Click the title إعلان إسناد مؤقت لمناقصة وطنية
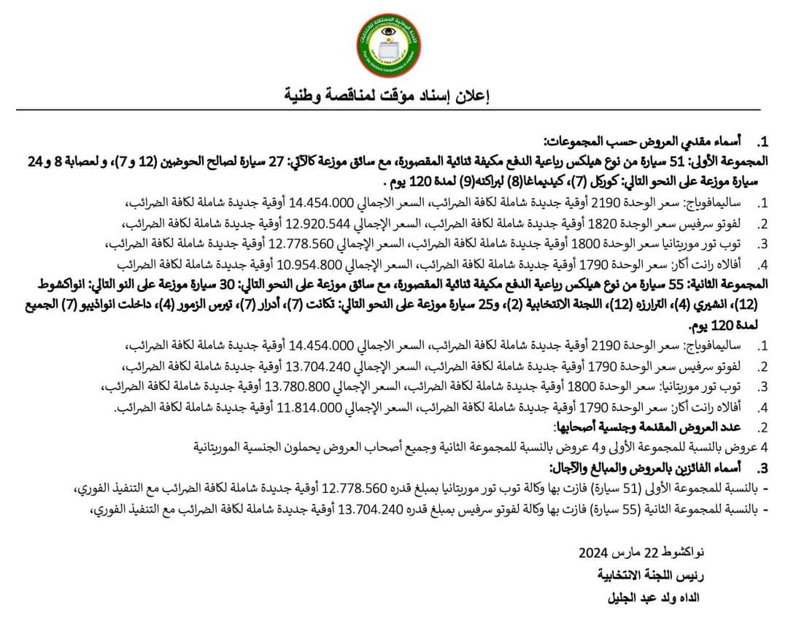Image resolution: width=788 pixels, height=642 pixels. pyautogui.click(x=387, y=95)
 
